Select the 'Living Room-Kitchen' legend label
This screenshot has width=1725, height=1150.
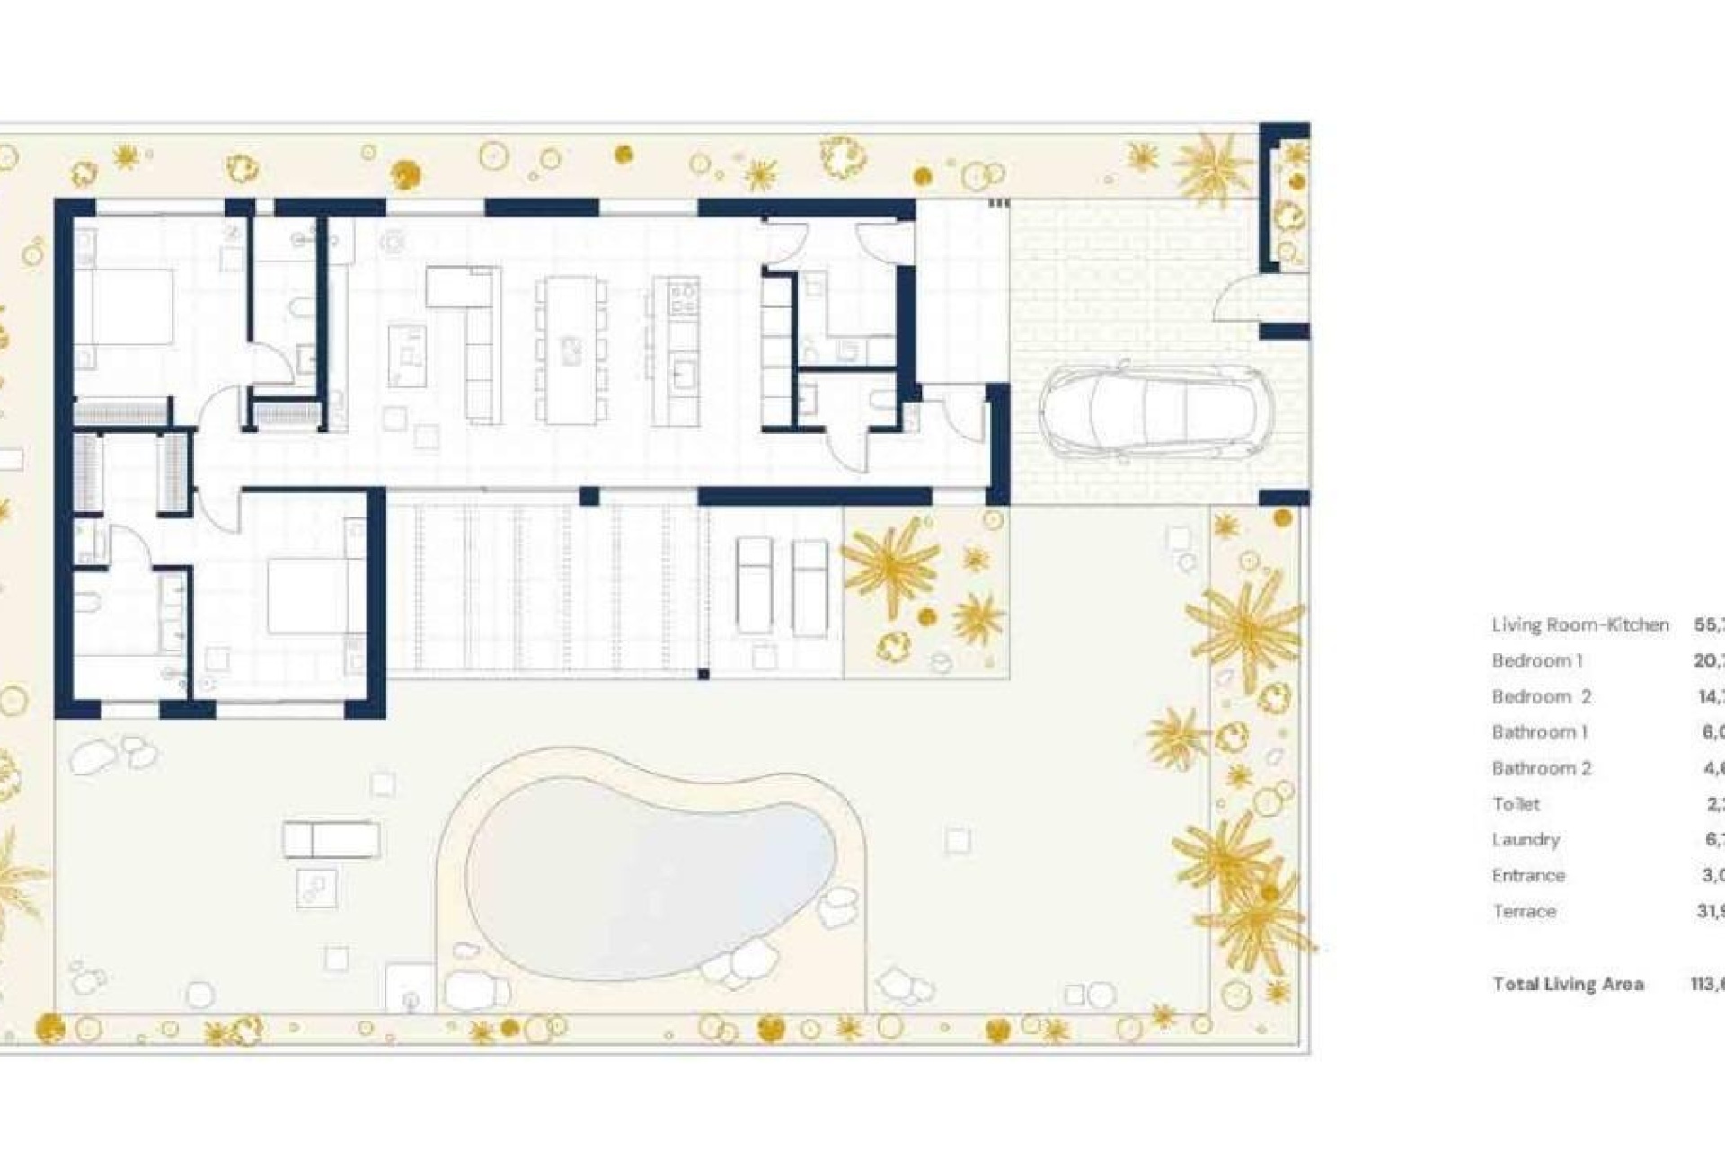click(x=1580, y=624)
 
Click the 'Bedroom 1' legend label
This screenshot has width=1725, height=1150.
click(x=1537, y=660)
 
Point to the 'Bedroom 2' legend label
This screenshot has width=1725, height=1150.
click(x=1542, y=696)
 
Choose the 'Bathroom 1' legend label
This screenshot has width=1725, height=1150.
click(x=1540, y=732)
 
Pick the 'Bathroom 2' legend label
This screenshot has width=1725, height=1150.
click(x=1542, y=768)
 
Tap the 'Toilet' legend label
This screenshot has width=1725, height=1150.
click(x=1516, y=804)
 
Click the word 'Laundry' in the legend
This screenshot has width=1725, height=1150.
click(x=1526, y=839)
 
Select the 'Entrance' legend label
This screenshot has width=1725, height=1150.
click(x=1528, y=875)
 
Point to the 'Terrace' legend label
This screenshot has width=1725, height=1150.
click(x=1524, y=911)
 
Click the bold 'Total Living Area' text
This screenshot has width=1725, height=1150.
click(x=1568, y=984)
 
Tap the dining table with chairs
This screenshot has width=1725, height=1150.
click(x=571, y=349)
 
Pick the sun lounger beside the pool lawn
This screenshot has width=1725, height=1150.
click(x=331, y=840)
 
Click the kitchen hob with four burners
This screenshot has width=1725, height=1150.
click(x=683, y=296)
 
